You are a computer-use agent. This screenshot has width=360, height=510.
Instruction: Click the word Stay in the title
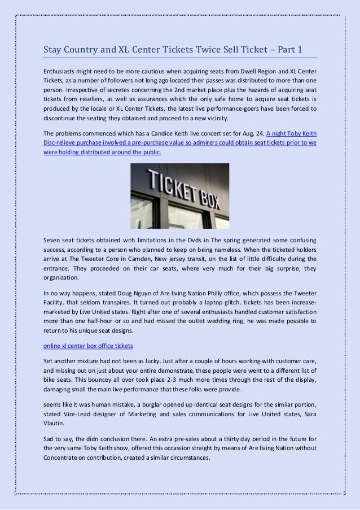point(55,50)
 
